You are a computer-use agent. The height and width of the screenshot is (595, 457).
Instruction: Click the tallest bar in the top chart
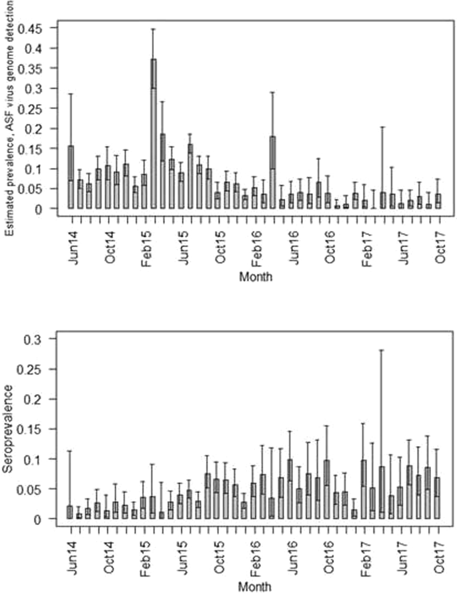153,134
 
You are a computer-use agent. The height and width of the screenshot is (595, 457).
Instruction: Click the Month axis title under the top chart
257,275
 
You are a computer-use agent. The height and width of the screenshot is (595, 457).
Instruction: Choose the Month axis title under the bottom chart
257,586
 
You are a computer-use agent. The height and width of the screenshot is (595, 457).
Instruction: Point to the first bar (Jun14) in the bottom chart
70,512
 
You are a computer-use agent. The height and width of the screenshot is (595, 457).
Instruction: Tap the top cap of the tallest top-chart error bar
153,29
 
